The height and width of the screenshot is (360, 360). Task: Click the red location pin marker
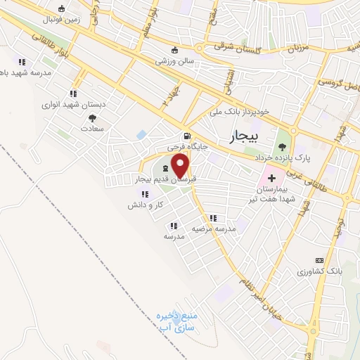(x=181, y=166)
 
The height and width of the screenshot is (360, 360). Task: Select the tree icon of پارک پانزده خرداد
(x=282, y=146)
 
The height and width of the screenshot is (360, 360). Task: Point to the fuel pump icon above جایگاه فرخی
(x=186, y=136)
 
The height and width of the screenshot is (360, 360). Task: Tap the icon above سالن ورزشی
(x=175, y=50)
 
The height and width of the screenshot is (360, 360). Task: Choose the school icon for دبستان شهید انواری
(x=72, y=93)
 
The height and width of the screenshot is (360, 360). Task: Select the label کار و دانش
(x=146, y=205)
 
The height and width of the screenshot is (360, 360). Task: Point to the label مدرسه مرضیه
(x=214, y=230)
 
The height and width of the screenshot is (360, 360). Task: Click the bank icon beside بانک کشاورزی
(x=319, y=260)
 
